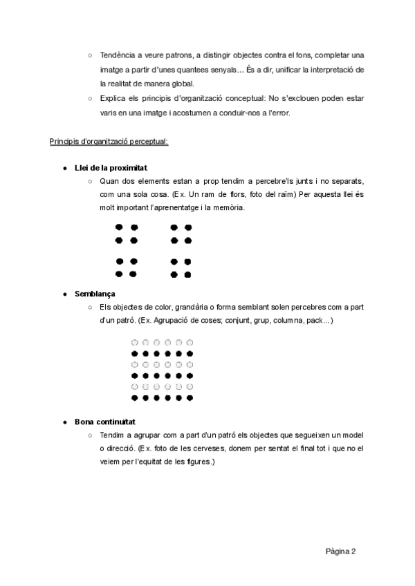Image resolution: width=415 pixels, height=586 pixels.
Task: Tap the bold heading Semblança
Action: (95, 294)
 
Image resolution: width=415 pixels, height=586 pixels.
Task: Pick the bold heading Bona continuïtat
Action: (105, 422)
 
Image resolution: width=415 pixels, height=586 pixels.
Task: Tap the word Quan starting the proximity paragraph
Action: (110, 181)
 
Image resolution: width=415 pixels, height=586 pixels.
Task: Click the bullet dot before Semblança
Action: (64, 294)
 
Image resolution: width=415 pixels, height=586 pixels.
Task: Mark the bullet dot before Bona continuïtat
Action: (64, 422)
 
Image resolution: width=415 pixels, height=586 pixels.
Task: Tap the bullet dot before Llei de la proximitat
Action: (64, 169)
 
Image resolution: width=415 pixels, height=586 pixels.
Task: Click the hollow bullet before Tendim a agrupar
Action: (90, 435)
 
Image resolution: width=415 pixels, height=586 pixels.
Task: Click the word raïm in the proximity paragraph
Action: (275, 194)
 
